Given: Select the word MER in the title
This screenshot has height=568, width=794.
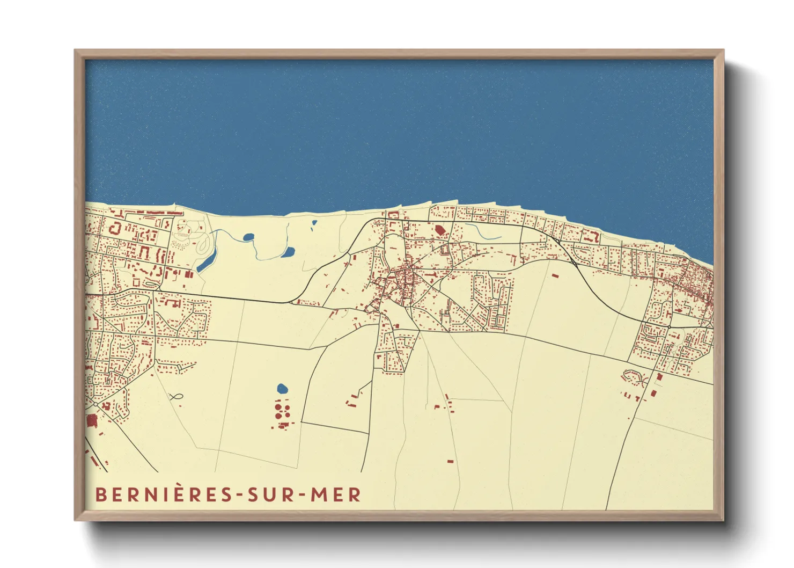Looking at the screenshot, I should click(x=336, y=494).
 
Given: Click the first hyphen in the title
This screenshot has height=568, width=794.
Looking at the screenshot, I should click(x=239, y=495).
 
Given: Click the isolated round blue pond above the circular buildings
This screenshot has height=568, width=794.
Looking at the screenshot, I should click(x=282, y=388).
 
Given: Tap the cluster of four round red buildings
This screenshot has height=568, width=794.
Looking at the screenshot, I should click(x=282, y=411).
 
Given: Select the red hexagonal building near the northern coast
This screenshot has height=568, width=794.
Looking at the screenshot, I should click(x=440, y=230).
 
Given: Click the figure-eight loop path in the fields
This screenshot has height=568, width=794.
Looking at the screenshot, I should click(x=175, y=397).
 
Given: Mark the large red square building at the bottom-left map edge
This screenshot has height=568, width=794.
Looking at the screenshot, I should click(x=91, y=420).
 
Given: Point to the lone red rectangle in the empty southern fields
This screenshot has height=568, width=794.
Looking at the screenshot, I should click(x=450, y=461).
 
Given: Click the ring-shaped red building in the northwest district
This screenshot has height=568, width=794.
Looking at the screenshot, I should click(x=114, y=228).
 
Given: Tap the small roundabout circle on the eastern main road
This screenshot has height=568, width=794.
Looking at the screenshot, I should click(x=670, y=326).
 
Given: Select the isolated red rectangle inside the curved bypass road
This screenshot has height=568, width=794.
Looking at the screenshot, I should click(x=554, y=275).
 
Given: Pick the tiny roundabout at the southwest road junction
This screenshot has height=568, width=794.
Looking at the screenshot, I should click(x=94, y=403).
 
